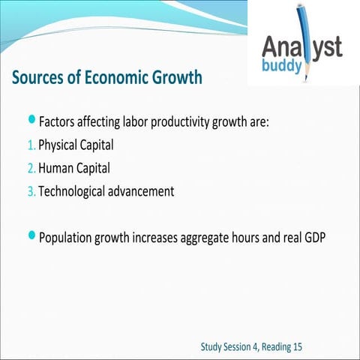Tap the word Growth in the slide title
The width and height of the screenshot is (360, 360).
(x=173, y=78)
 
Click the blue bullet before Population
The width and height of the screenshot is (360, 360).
(x=31, y=236)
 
